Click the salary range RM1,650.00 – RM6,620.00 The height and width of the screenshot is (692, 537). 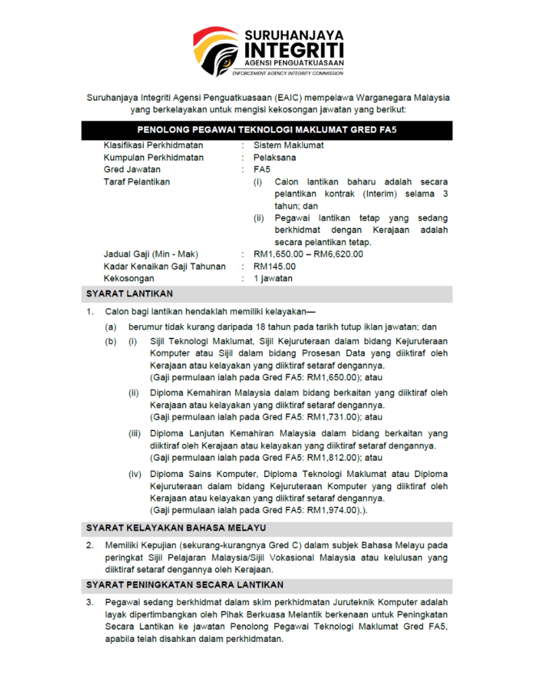308,254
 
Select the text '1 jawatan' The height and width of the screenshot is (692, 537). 273,278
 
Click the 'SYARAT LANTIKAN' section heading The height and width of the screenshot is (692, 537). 129,294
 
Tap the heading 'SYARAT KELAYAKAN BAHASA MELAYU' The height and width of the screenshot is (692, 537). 176,528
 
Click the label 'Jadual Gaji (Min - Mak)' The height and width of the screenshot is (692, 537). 151,254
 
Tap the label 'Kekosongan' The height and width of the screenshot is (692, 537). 129,278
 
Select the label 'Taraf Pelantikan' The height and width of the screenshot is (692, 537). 137,182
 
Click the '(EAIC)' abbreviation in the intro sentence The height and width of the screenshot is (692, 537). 290,97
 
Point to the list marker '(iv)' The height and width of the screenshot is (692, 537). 135,474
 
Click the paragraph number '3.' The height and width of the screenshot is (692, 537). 90,602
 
